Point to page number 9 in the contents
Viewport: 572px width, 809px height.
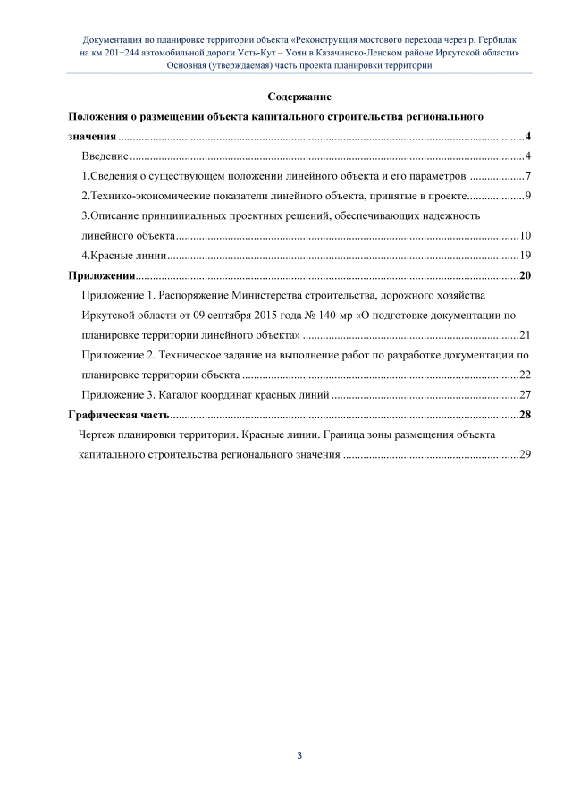[529, 196]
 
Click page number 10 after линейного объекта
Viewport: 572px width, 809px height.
[526, 235]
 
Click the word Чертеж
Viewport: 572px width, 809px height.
[98, 434]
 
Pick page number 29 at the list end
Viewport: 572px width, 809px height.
[526, 455]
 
